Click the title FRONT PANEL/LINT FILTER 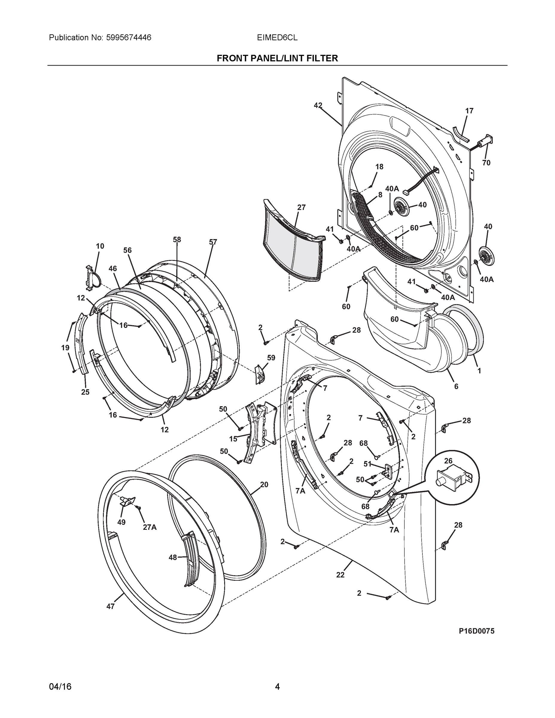277,58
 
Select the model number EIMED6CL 277,37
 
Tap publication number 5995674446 129,37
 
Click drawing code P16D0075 476,631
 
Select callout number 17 469,111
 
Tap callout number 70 486,163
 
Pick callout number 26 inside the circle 448,461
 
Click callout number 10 100,246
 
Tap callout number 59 271,358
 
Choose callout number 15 233,439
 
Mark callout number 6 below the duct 456,387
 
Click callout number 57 213,242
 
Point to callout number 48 173,557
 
